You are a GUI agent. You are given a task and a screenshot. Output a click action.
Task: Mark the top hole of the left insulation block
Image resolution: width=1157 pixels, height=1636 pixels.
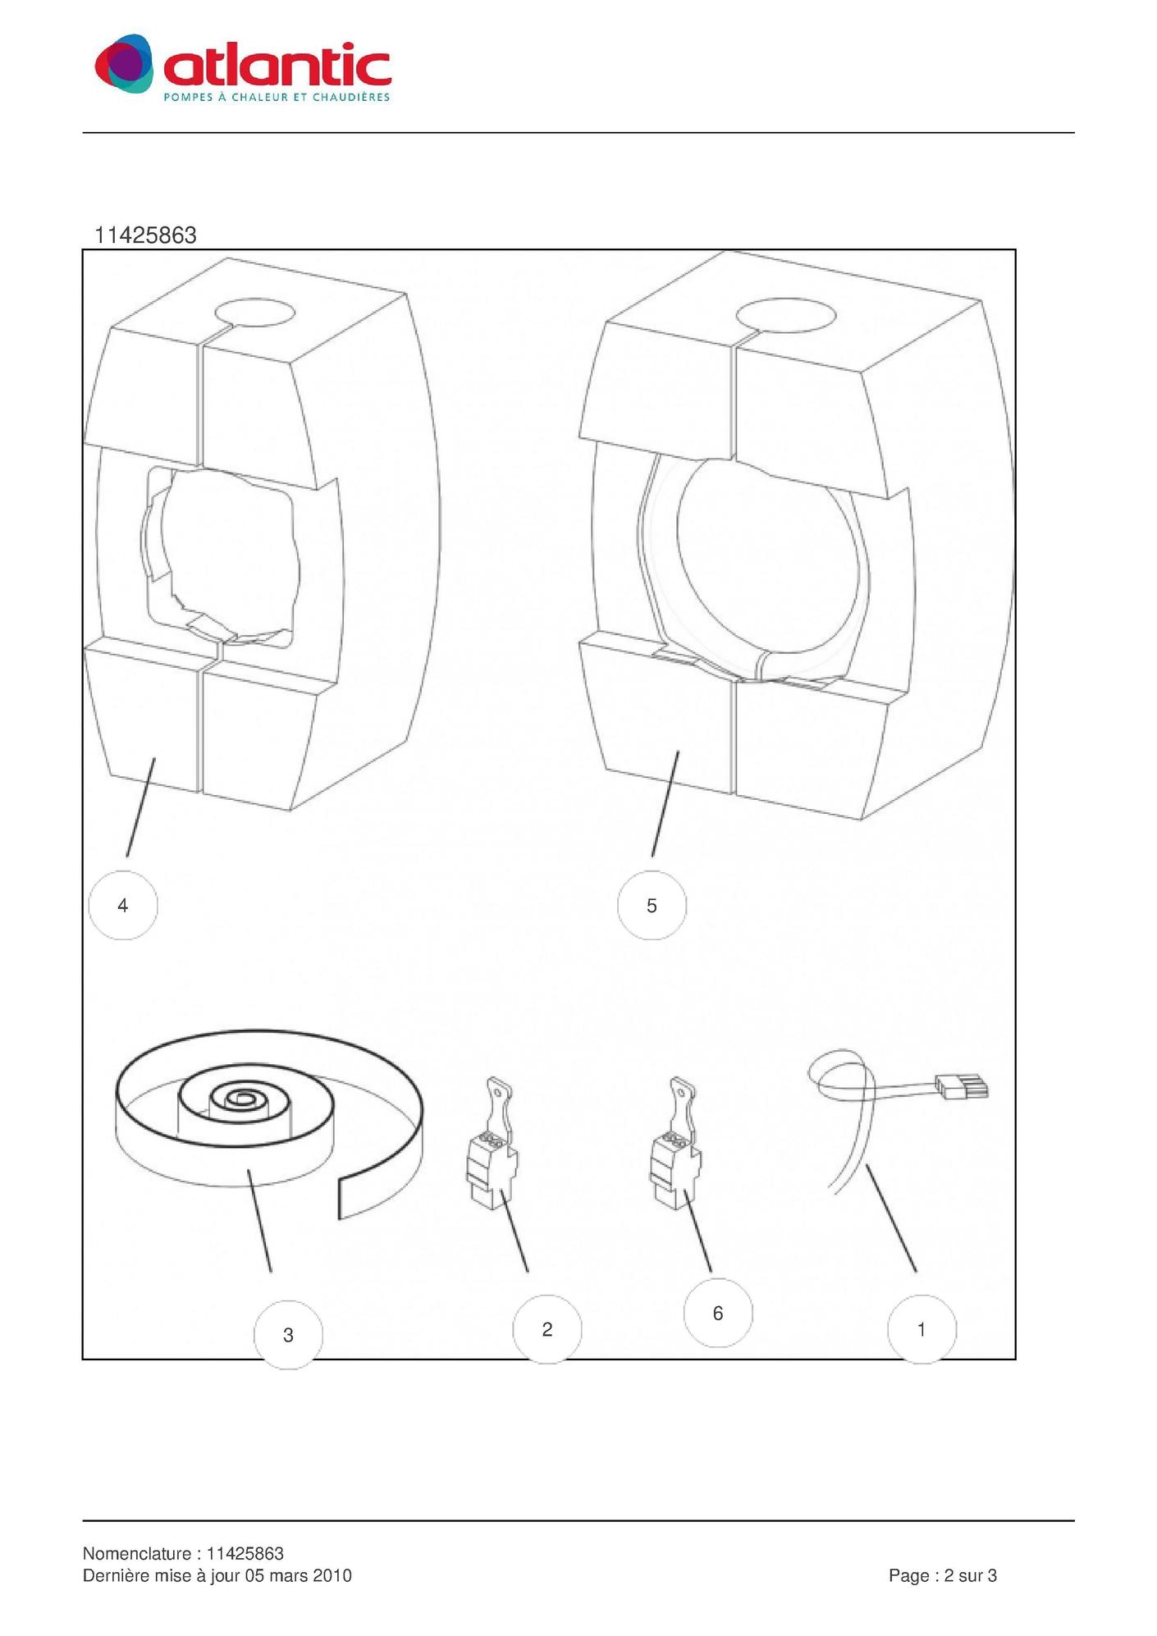pos(254,313)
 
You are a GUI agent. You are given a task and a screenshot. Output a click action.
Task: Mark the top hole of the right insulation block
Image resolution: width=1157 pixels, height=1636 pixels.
pos(786,314)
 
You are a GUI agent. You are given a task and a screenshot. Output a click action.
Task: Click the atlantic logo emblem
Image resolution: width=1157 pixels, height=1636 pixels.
pos(124,63)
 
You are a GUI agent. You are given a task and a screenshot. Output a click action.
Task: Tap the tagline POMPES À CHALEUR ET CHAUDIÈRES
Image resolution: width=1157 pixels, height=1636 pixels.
pos(277,97)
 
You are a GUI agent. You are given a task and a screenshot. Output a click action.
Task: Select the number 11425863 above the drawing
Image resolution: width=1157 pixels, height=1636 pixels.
pos(145,235)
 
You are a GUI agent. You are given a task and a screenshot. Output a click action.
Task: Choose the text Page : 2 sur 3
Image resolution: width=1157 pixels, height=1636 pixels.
pos(943,1575)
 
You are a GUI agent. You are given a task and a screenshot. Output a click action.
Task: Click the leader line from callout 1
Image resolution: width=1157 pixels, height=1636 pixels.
pos(891,1218)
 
